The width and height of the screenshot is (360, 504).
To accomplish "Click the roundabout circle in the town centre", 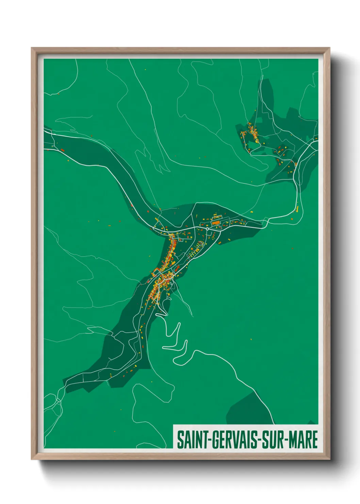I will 207,229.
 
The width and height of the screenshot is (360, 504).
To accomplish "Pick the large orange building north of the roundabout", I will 216,223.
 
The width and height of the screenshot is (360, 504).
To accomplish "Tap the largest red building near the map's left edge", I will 62,149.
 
